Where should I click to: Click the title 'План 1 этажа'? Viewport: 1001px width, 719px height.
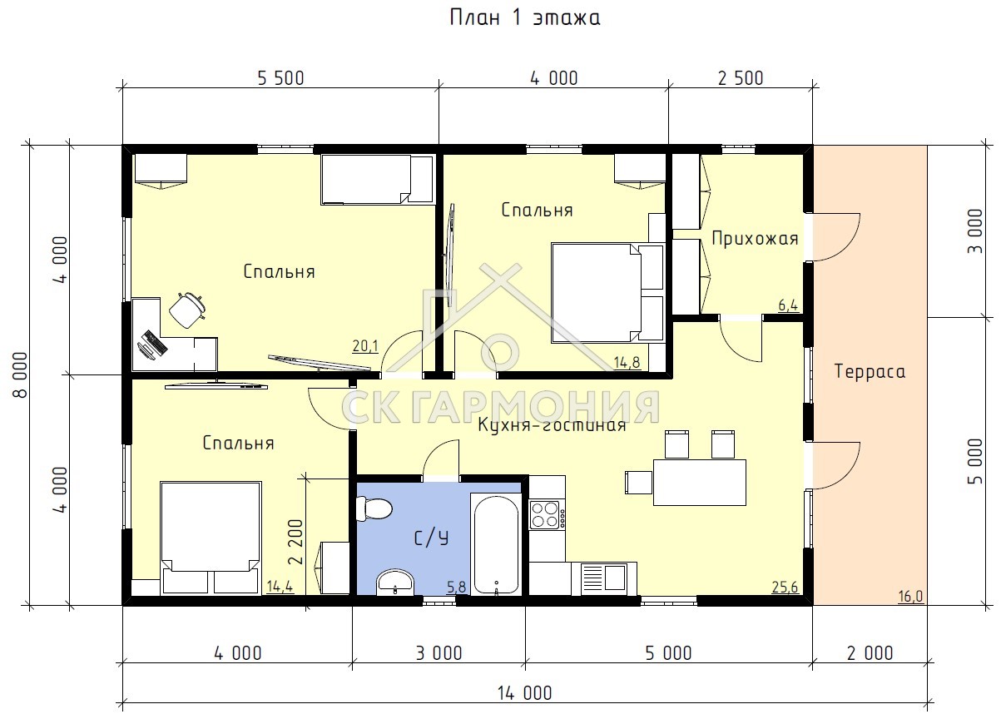click(x=525, y=18)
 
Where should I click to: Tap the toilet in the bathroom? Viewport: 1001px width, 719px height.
click(x=374, y=508)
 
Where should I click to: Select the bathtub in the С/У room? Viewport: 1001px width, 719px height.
click(x=496, y=544)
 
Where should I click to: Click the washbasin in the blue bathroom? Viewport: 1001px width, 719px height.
click(x=395, y=582)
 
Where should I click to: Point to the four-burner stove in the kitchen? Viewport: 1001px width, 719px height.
click(x=545, y=515)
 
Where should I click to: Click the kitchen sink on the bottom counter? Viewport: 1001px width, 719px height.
click(x=603, y=578)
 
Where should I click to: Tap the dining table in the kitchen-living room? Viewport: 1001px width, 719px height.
click(x=699, y=483)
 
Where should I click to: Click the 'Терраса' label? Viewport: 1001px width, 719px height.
click(x=870, y=372)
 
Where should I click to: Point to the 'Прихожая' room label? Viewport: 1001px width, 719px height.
click(x=755, y=239)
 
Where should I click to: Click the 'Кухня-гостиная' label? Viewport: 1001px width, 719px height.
click(x=552, y=425)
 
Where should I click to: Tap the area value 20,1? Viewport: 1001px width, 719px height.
click(x=365, y=345)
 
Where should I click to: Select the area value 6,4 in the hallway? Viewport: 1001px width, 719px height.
click(x=788, y=305)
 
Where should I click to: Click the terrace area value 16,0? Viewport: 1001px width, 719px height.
click(x=910, y=596)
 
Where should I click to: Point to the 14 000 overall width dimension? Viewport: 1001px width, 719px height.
click(x=525, y=693)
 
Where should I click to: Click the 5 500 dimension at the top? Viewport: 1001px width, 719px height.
click(x=280, y=78)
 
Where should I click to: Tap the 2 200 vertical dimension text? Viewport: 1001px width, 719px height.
click(x=296, y=542)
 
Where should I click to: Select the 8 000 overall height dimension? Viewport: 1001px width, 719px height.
click(x=21, y=375)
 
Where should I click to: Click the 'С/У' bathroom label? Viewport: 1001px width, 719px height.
click(x=431, y=538)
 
